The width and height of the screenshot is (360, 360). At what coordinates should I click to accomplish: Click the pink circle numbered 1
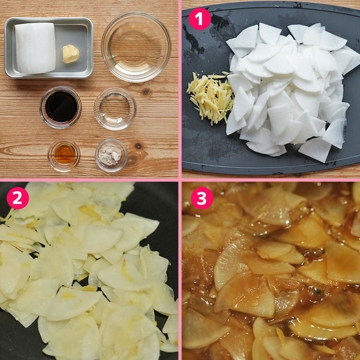[199, 19]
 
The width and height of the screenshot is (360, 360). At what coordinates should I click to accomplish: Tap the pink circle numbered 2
[18, 198]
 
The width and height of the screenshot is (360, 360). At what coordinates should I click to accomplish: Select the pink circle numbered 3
[202, 198]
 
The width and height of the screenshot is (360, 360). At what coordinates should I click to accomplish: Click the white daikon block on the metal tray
[35, 48]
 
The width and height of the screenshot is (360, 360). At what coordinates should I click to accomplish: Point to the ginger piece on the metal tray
[71, 54]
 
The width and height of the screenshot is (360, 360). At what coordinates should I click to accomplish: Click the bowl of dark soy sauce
[60, 107]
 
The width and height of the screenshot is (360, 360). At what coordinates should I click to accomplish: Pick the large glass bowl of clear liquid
[136, 47]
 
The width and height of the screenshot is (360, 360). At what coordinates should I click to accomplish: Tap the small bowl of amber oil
[64, 156]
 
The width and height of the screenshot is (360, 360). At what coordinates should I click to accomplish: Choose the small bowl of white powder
[111, 156]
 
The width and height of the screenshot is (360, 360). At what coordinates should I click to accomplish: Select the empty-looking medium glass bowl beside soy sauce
[115, 109]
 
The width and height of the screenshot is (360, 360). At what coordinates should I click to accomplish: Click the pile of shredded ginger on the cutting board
[211, 97]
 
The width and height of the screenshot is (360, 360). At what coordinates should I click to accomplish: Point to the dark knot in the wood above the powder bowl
[138, 146]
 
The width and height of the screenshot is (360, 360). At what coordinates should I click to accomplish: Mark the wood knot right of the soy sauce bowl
[146, 92]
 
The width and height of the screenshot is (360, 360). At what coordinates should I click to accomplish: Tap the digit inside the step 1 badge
[199, 19]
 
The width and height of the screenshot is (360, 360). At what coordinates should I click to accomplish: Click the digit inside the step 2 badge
[18, 198]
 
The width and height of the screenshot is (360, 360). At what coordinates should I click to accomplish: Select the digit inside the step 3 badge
[202, 198]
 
